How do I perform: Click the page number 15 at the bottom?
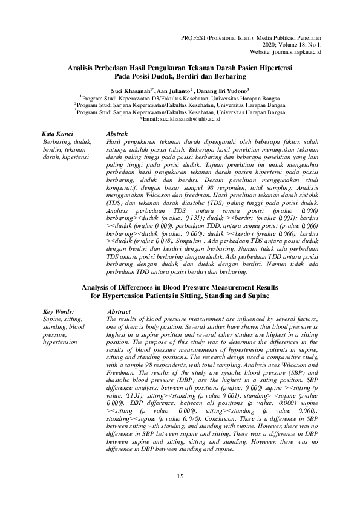tap(180, 477)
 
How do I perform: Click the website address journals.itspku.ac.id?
tap(299, 53)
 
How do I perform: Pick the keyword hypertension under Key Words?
tap(61, 342)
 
